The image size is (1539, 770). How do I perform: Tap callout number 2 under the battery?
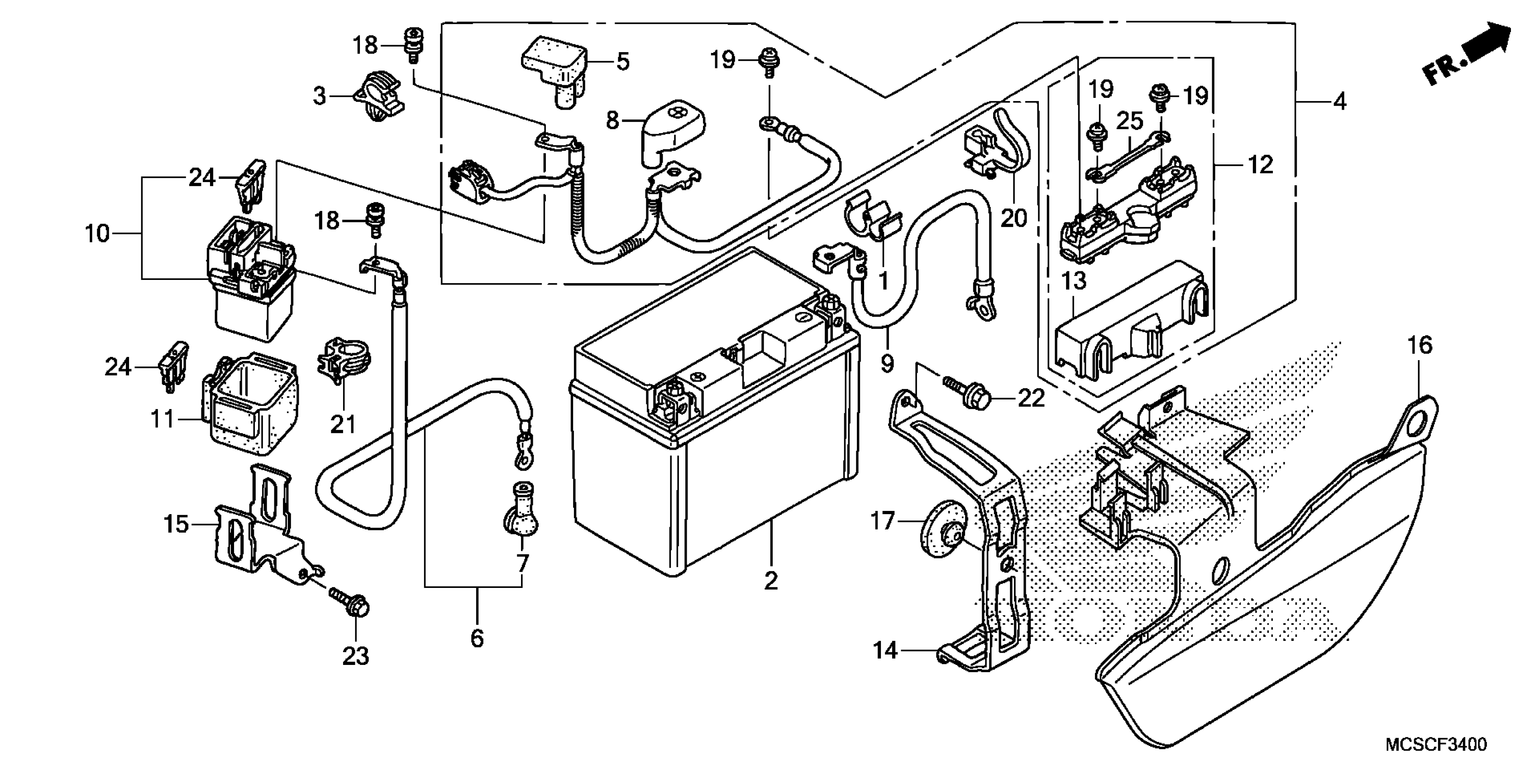pos(771,581)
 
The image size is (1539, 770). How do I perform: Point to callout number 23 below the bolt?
pos(356,656)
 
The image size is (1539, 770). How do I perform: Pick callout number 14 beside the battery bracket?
pos(885,650)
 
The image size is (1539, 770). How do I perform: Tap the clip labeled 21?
pos(344,362)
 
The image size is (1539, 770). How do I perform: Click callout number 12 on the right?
pos(1261,164)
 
